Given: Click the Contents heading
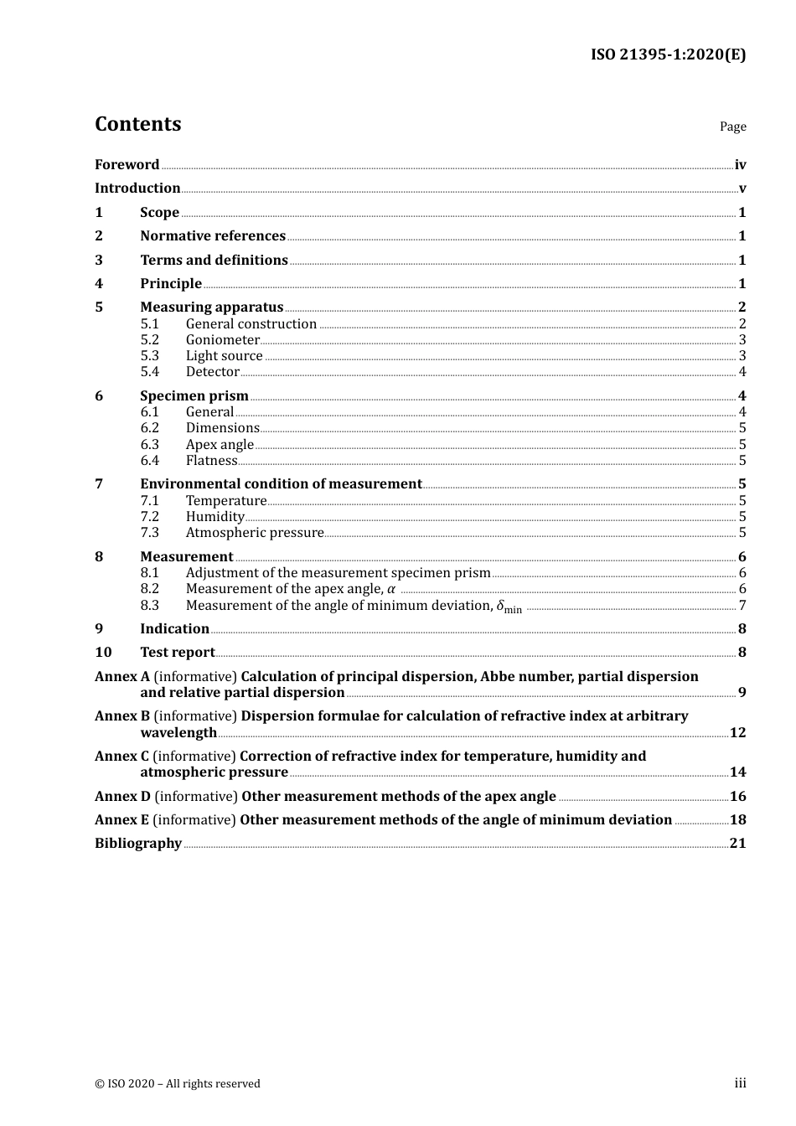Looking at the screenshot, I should click(x=137, y=124).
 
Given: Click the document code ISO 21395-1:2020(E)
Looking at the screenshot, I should click(x=668, y=54).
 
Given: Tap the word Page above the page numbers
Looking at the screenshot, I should click(x=732, y=127).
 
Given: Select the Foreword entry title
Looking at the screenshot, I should click(x=127, y=164).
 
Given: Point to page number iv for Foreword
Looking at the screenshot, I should click(x=740, y=164).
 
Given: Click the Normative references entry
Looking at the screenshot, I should click(x=212, y=236).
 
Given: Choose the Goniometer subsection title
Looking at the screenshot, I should click(x=222, y=340).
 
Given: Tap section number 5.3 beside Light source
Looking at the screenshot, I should click(x=149, y=356).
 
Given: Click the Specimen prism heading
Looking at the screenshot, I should click(x=194, y=395).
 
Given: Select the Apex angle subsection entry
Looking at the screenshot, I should click(x=219, y=445).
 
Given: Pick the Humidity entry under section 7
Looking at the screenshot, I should click(x=215, y=517).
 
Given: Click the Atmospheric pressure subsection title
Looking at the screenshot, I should click(x=254, y=533).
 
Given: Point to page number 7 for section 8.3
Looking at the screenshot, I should click(x=742, y=606).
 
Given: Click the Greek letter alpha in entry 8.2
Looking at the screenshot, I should click(x=390, y=589).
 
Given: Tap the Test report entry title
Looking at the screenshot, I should click(x=177, y=653).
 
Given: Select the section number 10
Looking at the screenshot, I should click(x=103, y=653).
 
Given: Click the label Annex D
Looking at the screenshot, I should click(x=122, y=797).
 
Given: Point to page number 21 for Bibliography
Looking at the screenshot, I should click(x=737, y=844).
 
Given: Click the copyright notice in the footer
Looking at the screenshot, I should click(x=177, y=1083).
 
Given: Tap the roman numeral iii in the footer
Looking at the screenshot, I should click(x=740, y=1083).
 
